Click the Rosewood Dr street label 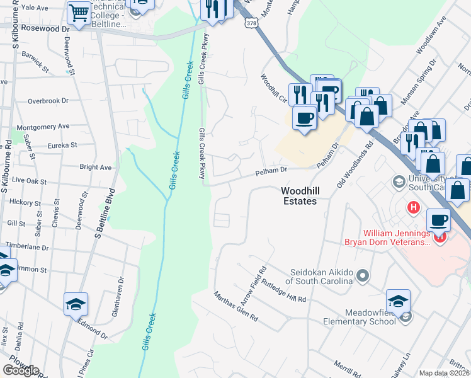45,29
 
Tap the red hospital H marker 413,207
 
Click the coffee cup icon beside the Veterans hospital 438,220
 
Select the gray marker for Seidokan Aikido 362,275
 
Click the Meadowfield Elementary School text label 370,317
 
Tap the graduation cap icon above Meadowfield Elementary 398,301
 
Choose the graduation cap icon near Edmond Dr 76,304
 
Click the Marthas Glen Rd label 235,307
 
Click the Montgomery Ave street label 43,127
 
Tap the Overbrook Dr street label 47,101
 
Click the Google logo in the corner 21,370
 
